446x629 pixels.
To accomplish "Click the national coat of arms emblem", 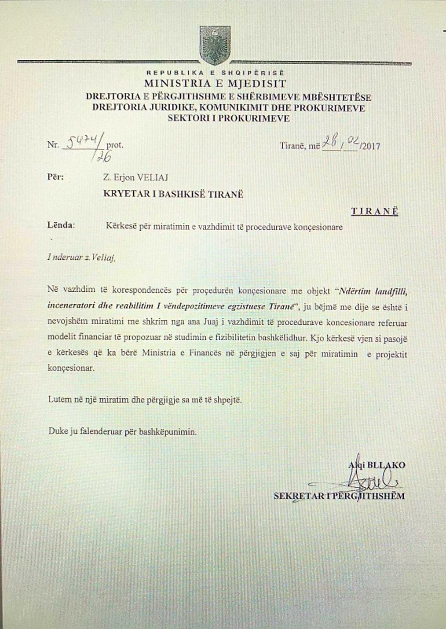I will tap(215, 45).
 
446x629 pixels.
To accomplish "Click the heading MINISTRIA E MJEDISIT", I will tap(215, 83).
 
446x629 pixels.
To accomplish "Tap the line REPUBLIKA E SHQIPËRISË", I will tap(215, 73).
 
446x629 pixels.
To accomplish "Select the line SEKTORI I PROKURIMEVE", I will tap(228, 118).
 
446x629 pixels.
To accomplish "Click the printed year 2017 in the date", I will tap(371, 146).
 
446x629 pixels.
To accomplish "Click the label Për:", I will tap(55, 177).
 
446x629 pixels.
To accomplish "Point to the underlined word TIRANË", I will tap(374, 211).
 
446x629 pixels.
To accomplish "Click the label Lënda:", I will tap(61, 225).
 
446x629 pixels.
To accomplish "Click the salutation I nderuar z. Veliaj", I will tap(81, 258).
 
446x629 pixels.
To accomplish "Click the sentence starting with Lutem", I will tap(145, 400).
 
